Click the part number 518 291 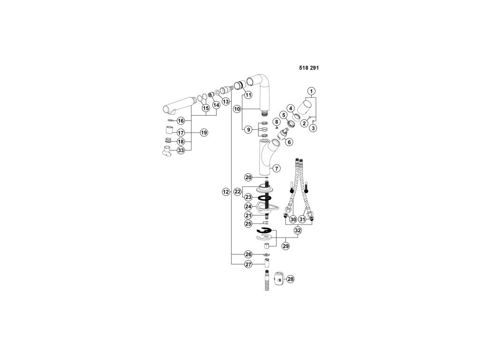tap(309, 67)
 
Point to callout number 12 tap(225, 191)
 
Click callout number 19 tap(204, 133)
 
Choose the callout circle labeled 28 tap(290, 279)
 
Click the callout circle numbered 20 tap(248, 177)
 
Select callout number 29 tap(285, 246)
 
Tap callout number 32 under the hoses tap(298, 230)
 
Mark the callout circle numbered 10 tap(237, 109)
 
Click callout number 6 tap(289, 142)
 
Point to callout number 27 tap(248, 264)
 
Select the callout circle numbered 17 tap(181, 133)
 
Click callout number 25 tap(248, 224)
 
